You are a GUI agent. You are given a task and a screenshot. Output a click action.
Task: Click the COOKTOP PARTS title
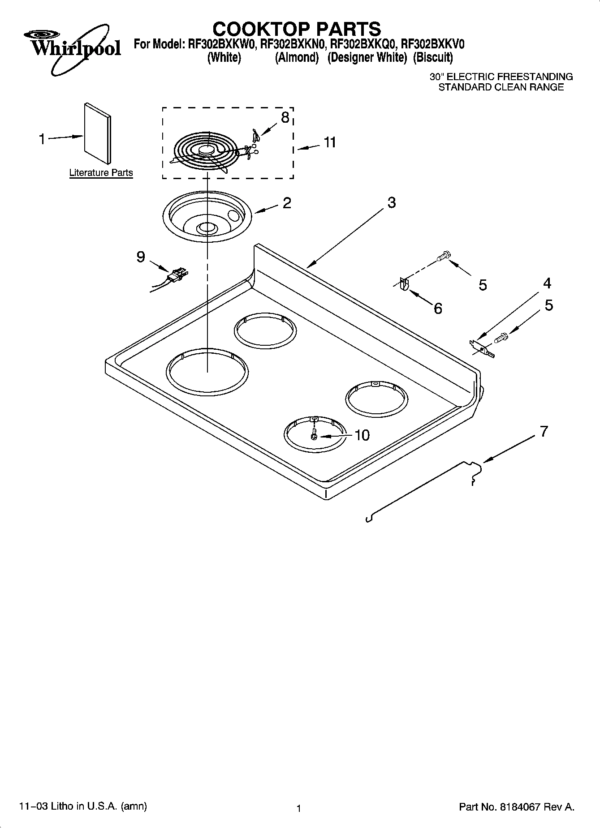click(x=297, y=29)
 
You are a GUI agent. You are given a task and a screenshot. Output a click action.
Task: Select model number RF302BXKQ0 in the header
click(x=363, y=44)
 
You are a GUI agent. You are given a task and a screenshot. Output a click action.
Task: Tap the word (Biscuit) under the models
click(x=433, y=58)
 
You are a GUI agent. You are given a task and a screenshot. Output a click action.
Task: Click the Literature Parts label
click(x=101, y=173)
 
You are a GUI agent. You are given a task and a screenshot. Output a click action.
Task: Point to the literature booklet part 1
click(x=98, y=133)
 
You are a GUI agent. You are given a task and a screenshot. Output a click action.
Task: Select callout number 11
click(x=330, y=142)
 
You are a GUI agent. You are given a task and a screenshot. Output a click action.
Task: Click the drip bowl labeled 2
click(x=207, y=217)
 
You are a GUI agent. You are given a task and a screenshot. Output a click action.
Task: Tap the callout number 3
click(x=391, y=202)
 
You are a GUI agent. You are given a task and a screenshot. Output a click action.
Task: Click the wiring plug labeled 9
click(x=177, y=275)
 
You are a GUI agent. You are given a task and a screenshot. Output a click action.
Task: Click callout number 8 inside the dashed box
click(x=285, y=117)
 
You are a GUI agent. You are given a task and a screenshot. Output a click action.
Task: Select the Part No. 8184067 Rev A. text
click(x=517, y=807)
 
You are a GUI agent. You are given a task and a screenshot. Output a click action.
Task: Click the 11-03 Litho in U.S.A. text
click(x=83, y=806)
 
